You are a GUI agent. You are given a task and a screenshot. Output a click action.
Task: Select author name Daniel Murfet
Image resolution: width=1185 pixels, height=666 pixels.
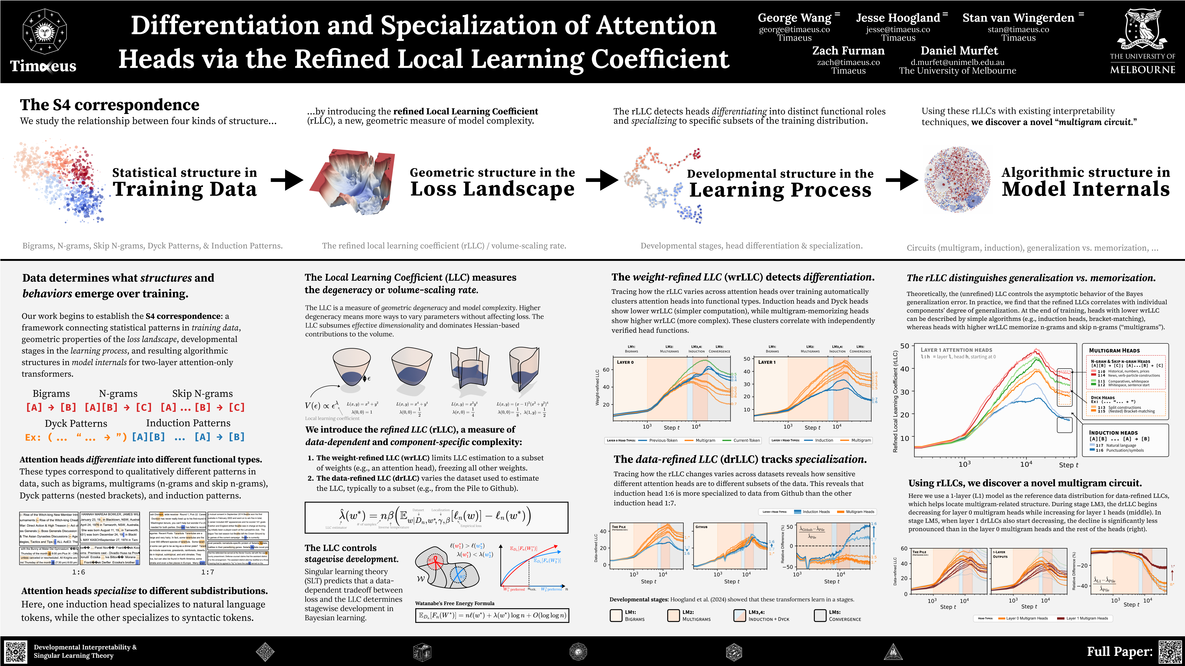coord(959,51)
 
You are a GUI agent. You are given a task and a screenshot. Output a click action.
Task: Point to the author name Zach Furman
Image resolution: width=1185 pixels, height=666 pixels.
coord(848,51)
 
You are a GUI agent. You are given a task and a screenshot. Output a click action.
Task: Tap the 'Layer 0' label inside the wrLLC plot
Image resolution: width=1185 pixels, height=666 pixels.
coord(625,362)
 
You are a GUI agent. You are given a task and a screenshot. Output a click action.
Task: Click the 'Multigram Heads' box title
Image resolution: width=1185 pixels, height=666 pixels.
coord(1114,350)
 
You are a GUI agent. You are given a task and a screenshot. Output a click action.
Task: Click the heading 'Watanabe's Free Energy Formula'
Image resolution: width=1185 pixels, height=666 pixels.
coord(455,603)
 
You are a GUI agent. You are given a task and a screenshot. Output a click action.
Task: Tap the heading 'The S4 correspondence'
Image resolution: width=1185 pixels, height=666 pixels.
coord(110,105)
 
